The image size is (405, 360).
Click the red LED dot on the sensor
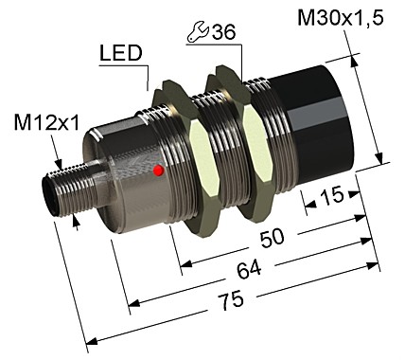pos(158,171)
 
